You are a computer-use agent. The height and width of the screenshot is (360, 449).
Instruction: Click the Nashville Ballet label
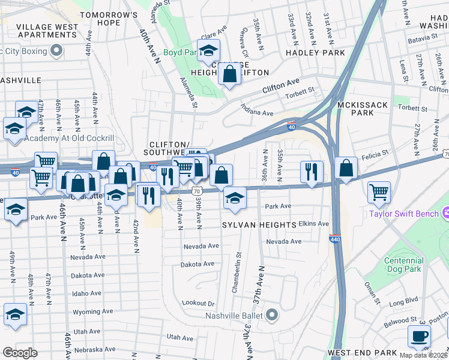[235, 316]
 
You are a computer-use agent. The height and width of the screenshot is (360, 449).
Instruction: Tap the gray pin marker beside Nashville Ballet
[273, 314]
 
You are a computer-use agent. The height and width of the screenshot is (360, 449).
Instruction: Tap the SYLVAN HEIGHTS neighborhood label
[259, 224]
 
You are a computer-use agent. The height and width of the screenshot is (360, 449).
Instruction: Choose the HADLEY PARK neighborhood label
[316, 53]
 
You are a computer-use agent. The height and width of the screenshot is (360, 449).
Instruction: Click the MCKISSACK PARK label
[363, 109]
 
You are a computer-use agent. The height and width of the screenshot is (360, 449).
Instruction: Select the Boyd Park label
[179, 53]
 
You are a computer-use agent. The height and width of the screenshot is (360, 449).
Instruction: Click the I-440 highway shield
[335, 239]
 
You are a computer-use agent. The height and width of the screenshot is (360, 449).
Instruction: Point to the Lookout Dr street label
[198, 304]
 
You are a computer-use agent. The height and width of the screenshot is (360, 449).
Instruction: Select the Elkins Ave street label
[315, 224]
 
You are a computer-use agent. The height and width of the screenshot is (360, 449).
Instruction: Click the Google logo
[20, 353]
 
